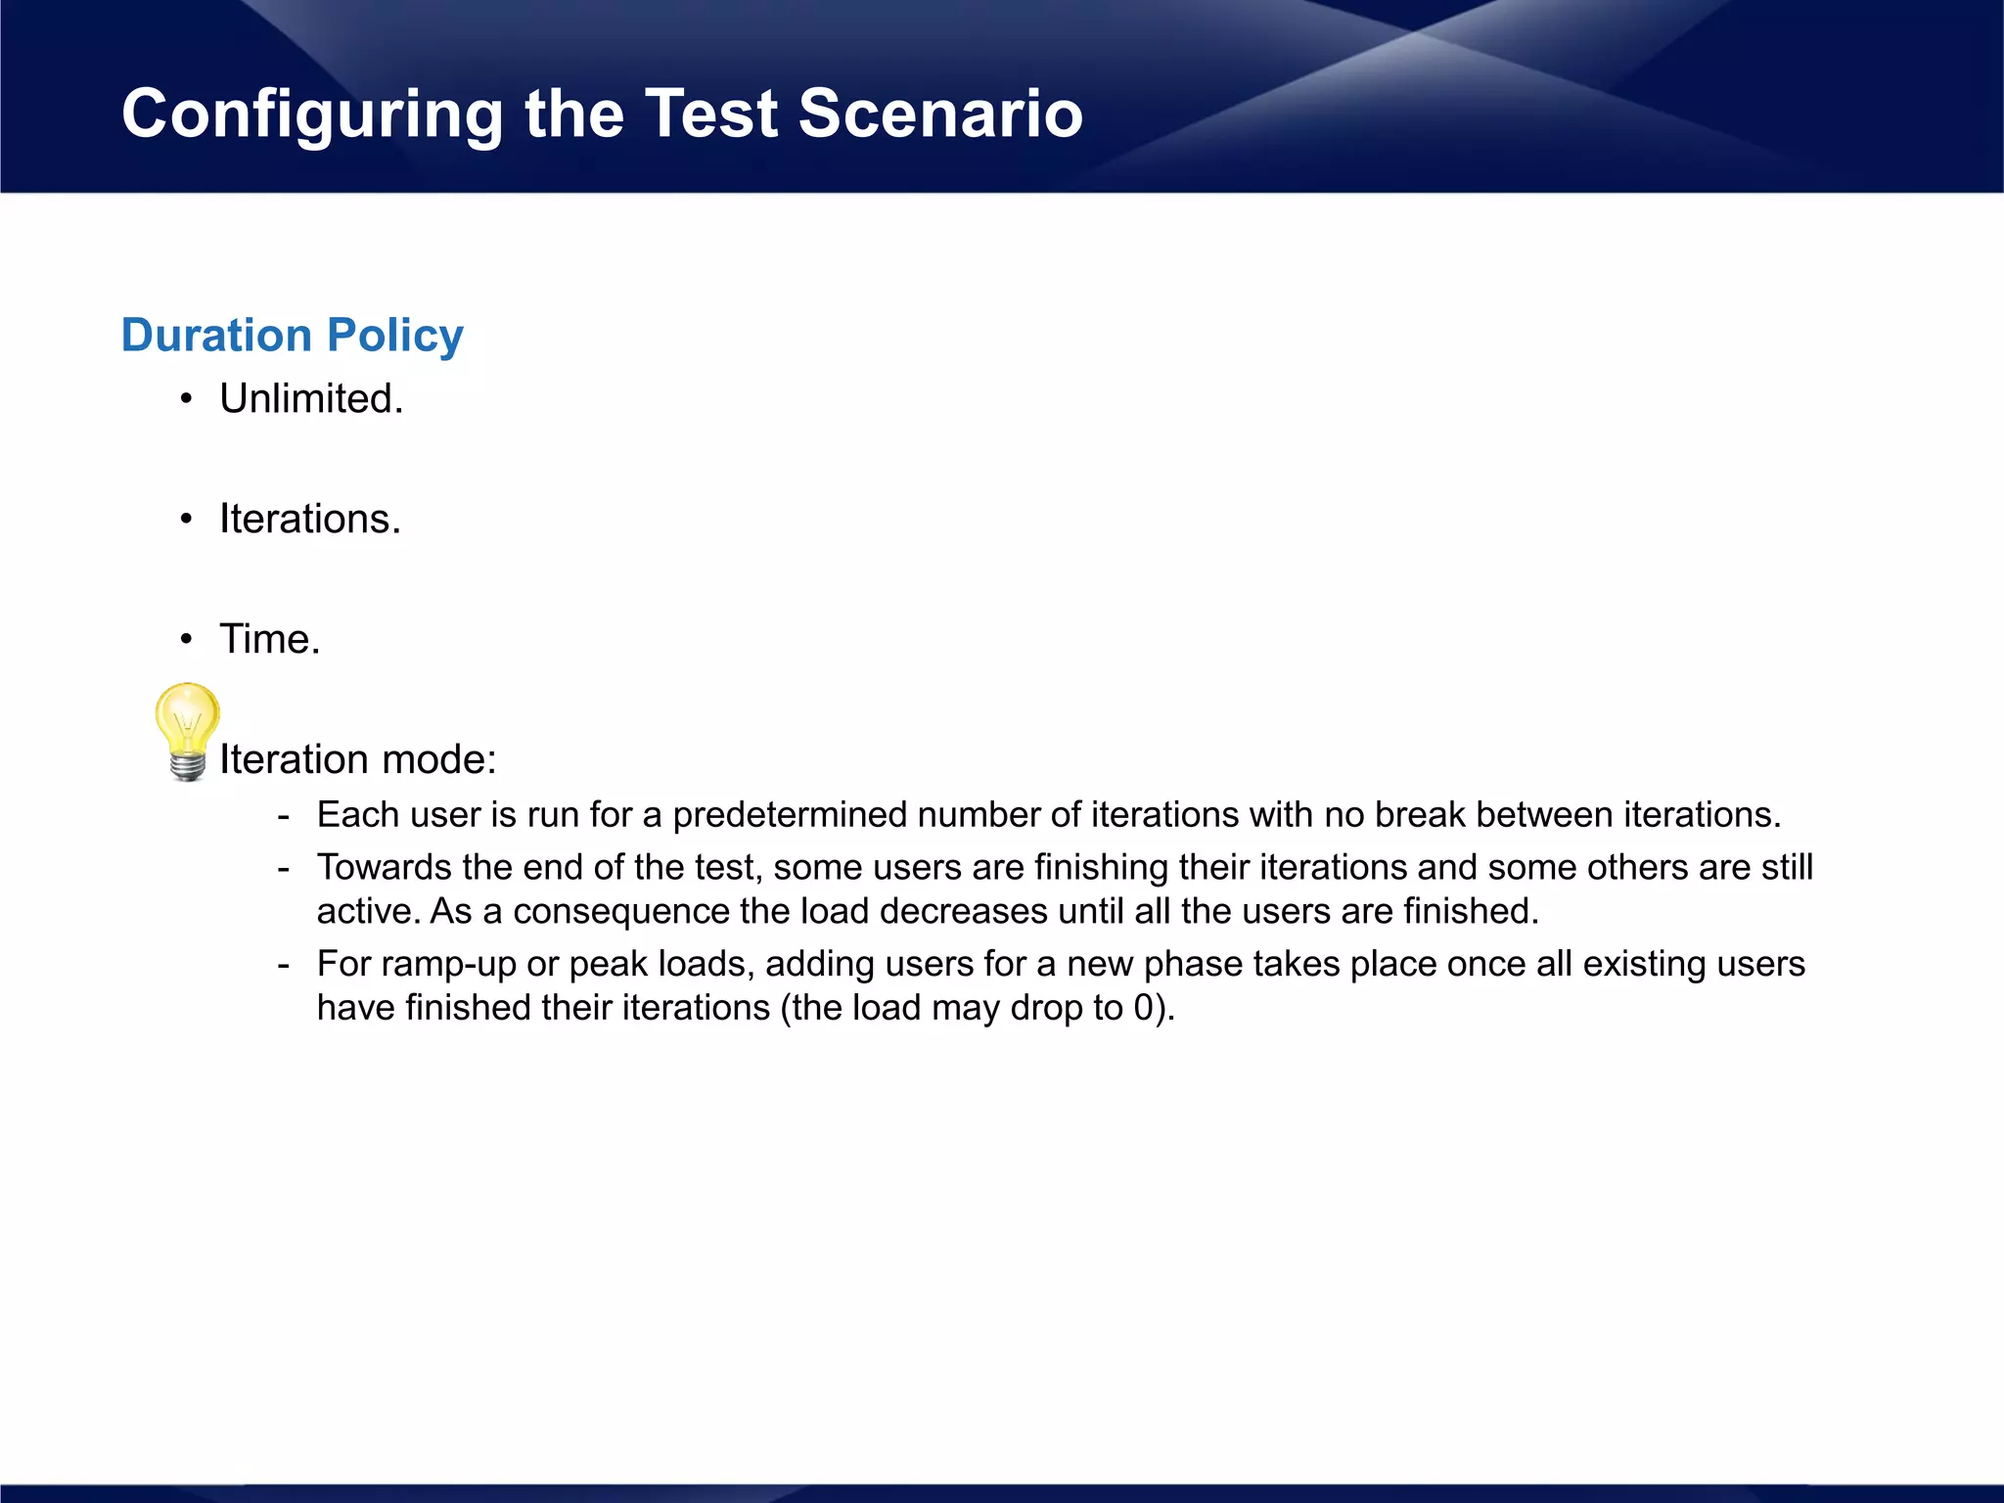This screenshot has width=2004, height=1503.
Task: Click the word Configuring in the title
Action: [x=311, y=115]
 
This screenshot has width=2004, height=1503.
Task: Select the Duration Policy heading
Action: [x=292, y=336]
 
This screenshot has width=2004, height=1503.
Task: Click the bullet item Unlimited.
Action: [x=311, y=399]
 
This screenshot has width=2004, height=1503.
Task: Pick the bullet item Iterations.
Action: [x=310, y=519]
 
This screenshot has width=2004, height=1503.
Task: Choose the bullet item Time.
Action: [x=270, y=639]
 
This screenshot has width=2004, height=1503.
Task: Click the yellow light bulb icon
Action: [x=187, y=730]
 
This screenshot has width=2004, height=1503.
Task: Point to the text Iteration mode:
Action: [x=358, y=759]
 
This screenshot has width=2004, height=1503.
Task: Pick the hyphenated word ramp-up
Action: [x=448, y=965]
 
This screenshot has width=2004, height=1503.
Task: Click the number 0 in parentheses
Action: [x=1143, y=1009]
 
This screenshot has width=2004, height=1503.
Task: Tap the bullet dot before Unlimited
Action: [x=186, y=399]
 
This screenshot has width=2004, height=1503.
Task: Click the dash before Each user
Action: [x=284, y=815]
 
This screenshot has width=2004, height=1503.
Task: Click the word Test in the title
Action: [x=710, y=114]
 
